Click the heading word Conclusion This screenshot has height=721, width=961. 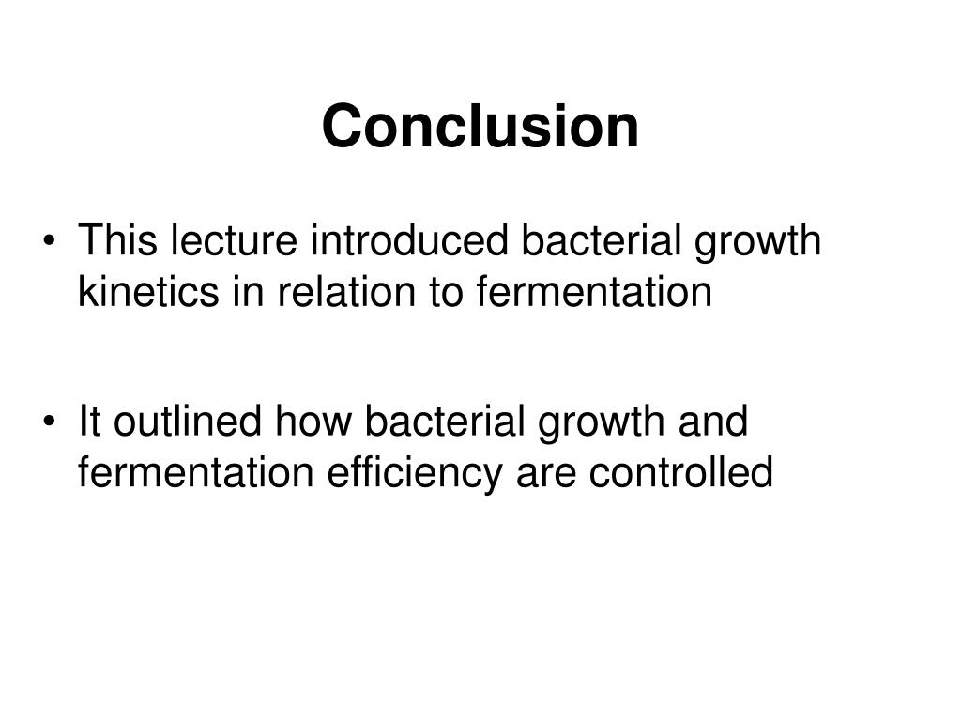[x=480, y=127]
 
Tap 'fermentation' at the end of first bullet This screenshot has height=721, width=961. [x=595, y=293]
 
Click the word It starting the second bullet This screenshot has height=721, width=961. [x=89, y=422]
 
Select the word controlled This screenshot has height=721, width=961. [x=681, y=473]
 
